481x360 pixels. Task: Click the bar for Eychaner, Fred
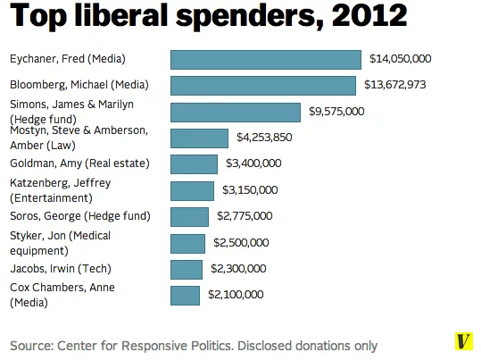coord(266,60)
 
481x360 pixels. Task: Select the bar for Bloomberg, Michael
coord(263,86)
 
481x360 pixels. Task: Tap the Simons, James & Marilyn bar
coord(236,113)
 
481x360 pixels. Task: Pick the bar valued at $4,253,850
coord(199,138)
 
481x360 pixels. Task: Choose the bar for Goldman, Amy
coord(194,164)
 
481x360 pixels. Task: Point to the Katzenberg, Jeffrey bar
coord(192,191)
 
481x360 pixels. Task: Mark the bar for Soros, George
coord(189,217)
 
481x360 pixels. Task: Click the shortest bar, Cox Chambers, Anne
coord(185,296)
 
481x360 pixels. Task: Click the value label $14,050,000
coord(401,59)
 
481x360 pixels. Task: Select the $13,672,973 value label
coord(395,85)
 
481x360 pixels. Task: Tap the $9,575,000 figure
coord(336,111)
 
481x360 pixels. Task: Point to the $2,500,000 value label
coord(241,243)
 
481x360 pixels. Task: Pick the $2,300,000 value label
coord(238,269)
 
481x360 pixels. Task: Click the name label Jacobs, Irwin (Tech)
coord(61,269)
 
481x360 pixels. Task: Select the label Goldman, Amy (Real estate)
coord(79,163)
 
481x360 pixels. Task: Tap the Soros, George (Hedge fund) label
coord(80,216)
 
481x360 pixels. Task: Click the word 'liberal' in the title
coord(121,15)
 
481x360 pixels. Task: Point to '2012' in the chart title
coord(369,15)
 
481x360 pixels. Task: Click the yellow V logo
coord(463,341)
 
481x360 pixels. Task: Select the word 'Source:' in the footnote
coord(32,346)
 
